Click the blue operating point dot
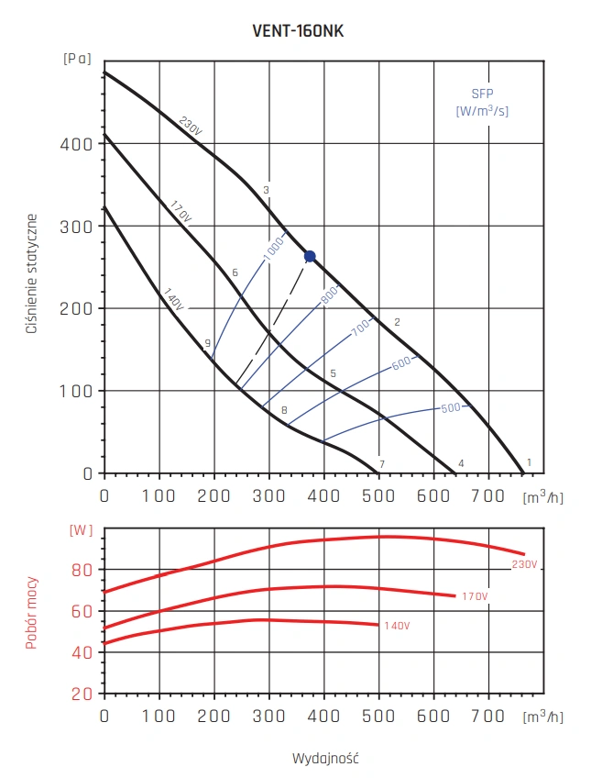pos(310,256)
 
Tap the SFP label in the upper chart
pos(482,94)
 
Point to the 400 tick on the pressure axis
pos(82,144)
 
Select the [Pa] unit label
pos(77,58)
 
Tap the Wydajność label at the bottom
pos(324,759)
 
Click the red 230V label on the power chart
pos(525,563)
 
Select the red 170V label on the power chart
pos(474,597)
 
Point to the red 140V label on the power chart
pos(396,626)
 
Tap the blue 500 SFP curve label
pos(450,407)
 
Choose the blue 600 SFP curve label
pos(401,364)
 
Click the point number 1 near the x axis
pos(530,462)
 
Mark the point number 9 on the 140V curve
pos(208,343)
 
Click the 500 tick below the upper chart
pos(378,496)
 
